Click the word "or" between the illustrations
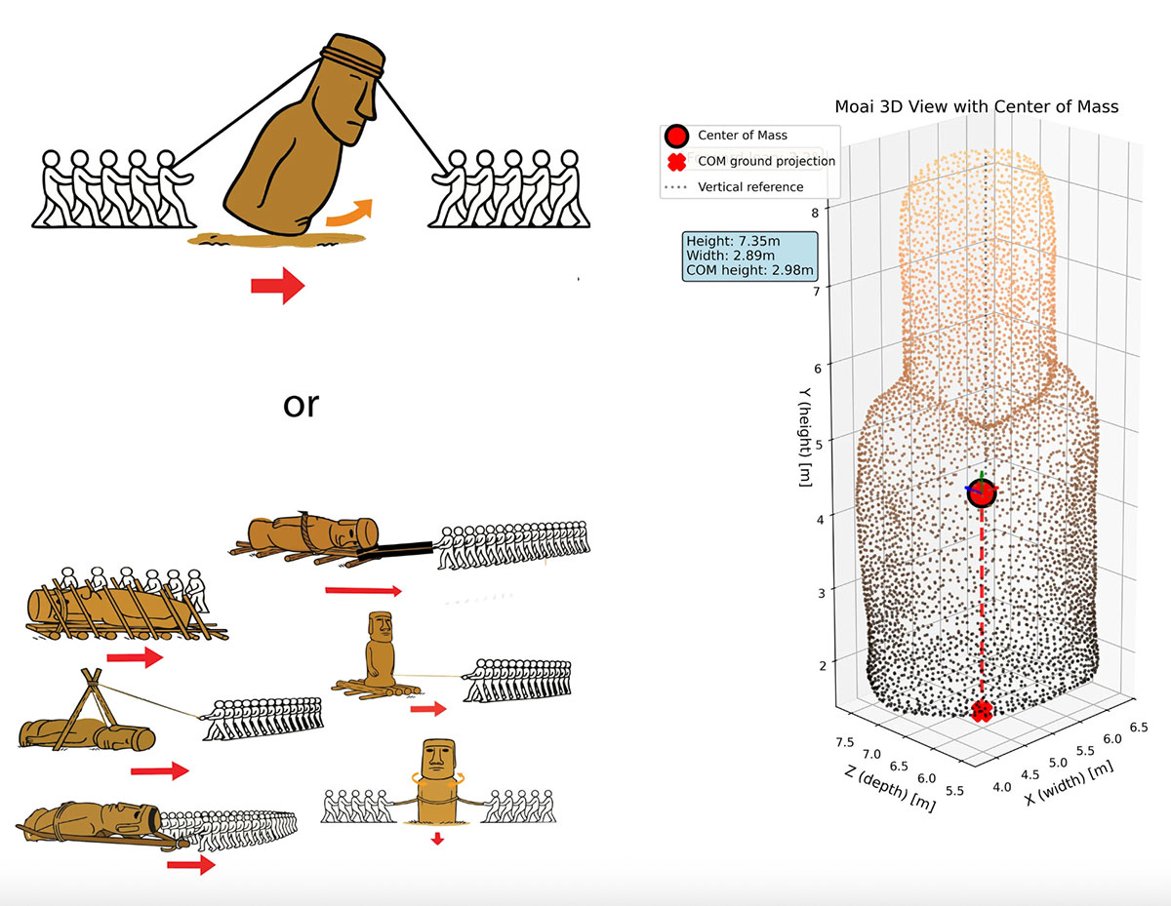(x=301, y=403)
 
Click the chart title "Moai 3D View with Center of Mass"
(x=976, y=105)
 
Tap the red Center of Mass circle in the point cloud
(x=982, y=493)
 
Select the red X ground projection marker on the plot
(x=983, y=711)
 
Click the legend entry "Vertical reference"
(x=750, y=187)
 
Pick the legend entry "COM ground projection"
(x=766, y=161)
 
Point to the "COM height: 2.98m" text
(x=750, y=269)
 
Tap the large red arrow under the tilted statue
(x=278, y=286)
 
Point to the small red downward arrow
(x=436, y=838)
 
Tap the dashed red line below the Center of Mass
(x=982, y=605)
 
